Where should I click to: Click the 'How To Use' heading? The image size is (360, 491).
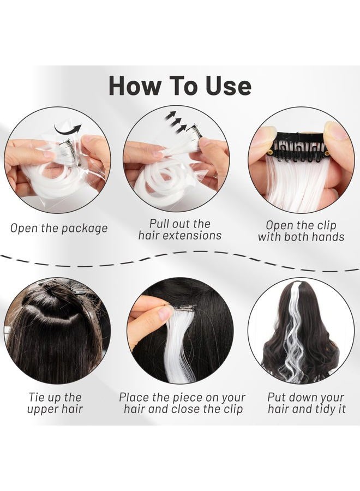coord(180,86)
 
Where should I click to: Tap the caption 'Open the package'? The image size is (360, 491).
coord(59,228)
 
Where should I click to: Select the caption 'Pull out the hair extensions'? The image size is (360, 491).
coord(180,230)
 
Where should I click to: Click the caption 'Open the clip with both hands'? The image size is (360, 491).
coord(301,231)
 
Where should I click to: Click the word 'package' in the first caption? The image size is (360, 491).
coord(83,229)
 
